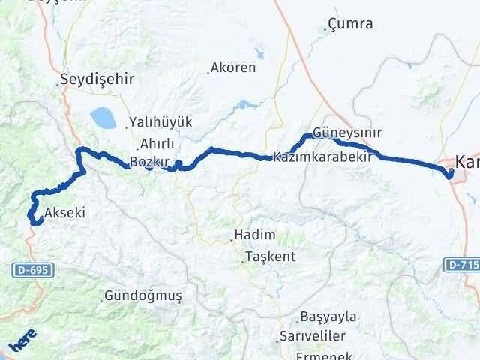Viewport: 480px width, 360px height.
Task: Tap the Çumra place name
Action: (x=351, y=24)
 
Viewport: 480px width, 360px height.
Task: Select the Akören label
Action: (x=234, y=67)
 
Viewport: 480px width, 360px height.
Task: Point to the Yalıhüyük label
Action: (x=160, y=121)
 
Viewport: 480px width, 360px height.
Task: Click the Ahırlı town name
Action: (x=156, y=145)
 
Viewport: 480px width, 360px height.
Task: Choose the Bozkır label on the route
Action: (x=147, y=162)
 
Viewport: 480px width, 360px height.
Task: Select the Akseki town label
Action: (x=64, y=213)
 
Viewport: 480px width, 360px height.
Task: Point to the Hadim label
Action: (x=254, y=235)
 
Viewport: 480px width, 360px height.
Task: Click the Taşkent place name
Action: (x=269, y=256)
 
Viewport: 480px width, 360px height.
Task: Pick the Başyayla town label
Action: (x=328, y=316)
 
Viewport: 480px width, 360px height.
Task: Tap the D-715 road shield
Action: (x=461, y=264)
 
